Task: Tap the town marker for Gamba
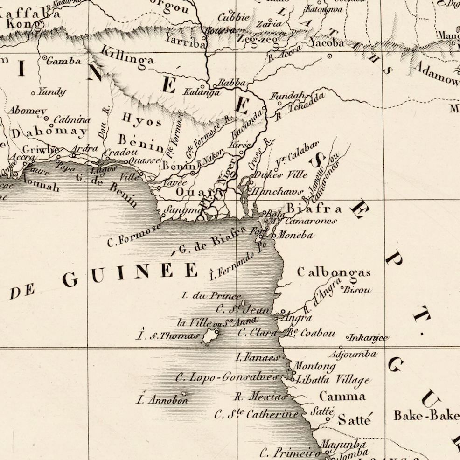(x=45, y=58)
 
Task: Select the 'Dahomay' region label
(x=49, y=132)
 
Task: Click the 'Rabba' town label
(x=231, y=83)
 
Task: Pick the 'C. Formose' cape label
(x=133, y=236)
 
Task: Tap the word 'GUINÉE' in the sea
(x=130, y=273)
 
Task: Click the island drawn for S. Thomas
(x=209, y=335)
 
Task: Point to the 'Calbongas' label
(x=334, y=272)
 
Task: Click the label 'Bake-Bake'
(x=426, y=415)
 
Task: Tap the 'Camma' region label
(x=342, y=397)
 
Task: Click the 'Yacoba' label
(x=326, y=43)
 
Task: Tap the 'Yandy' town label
(x=51, y=91)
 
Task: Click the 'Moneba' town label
(x=295, y=235)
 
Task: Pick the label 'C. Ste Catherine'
(x=256, y=414)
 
